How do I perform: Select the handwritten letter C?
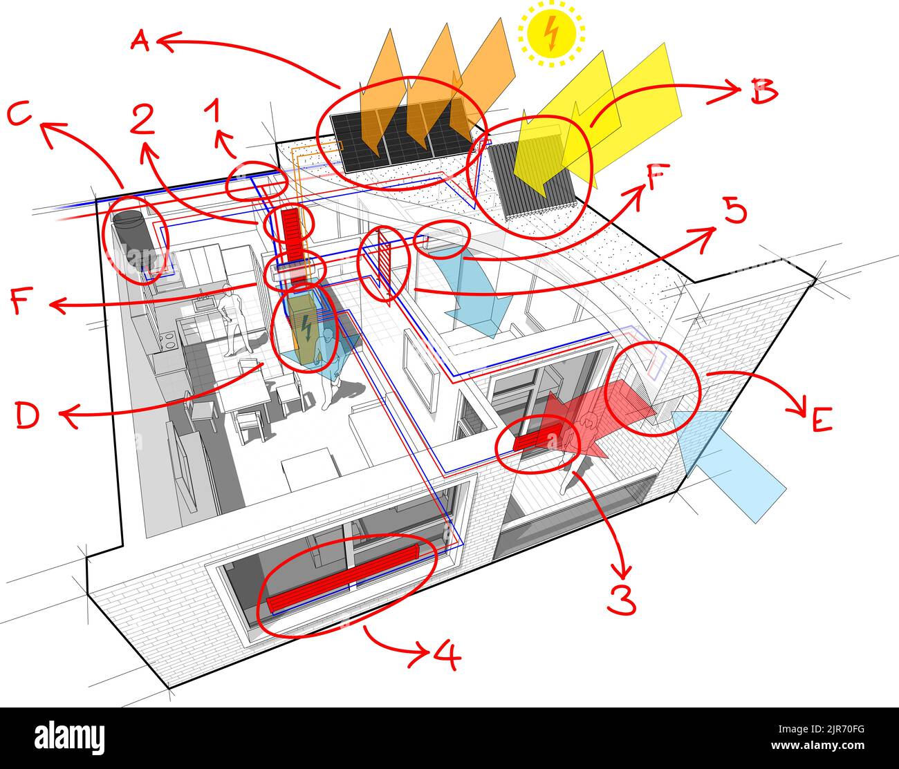click(x=21, y=115)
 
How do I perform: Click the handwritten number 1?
click(x=213, y=111)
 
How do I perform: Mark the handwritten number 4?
click(x=447, y=656)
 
